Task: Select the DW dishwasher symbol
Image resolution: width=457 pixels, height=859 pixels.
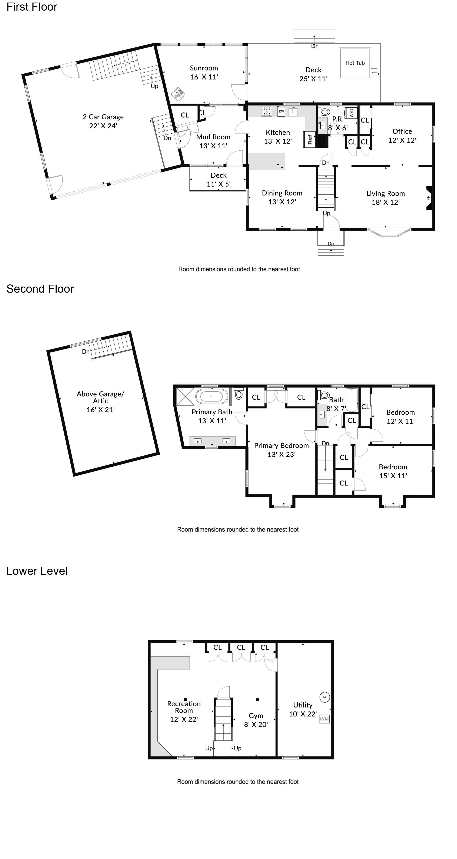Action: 281,111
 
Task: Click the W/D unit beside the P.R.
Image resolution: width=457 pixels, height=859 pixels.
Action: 351,113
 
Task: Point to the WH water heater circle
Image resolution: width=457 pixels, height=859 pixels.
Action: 325,697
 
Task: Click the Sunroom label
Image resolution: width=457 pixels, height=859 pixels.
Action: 204,68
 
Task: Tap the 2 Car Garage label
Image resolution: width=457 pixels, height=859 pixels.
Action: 103,117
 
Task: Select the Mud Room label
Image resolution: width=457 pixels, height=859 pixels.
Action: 213,137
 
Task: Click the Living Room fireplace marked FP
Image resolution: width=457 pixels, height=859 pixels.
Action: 430,198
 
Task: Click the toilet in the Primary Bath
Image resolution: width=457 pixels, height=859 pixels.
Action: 238,394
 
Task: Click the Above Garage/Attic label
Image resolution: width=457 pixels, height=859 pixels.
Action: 100,398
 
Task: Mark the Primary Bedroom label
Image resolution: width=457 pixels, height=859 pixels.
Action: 281,446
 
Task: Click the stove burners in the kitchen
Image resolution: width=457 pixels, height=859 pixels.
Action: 267,111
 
